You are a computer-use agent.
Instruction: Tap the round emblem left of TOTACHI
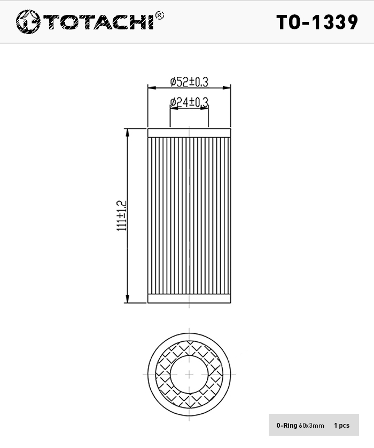click(28, 22)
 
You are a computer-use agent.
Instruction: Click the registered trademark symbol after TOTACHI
click(159, 15)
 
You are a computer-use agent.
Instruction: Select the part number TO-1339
click(317, 22)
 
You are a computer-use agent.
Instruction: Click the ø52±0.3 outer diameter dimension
click(190, 82)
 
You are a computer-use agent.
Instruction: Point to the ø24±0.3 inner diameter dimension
click(189, 102)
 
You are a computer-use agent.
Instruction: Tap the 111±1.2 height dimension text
click(121, 215)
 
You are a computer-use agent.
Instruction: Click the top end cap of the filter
click(189, 133)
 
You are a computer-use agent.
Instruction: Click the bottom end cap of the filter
click(189, 298)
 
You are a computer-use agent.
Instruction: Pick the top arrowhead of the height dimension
click(127, 133)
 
